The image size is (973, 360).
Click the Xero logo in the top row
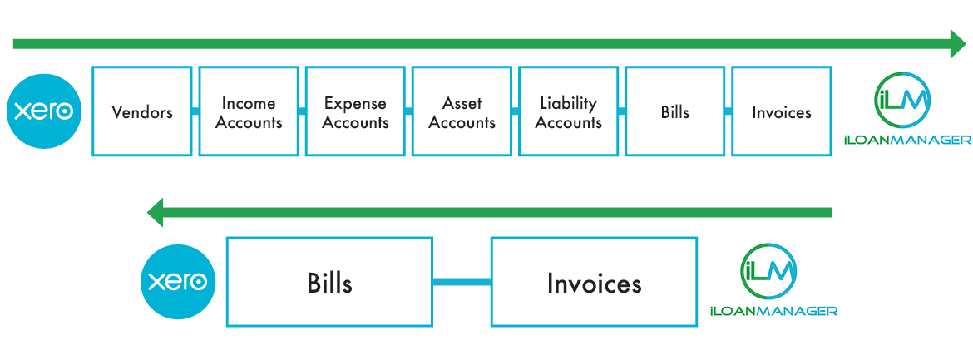tap(44, 111)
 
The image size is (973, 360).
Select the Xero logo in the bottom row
tap(178, 282)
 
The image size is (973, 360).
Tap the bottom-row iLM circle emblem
tap(769, 271)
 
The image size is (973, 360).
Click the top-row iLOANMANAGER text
tap(907, 141)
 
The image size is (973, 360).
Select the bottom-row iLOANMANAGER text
tap(773, 311)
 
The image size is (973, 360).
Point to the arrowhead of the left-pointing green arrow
tap(156, 213)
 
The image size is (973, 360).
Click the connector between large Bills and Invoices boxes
tap(462, 282)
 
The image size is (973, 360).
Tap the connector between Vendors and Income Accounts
tap(195, 111)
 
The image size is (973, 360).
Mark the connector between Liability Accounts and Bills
tap(622, 111)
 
